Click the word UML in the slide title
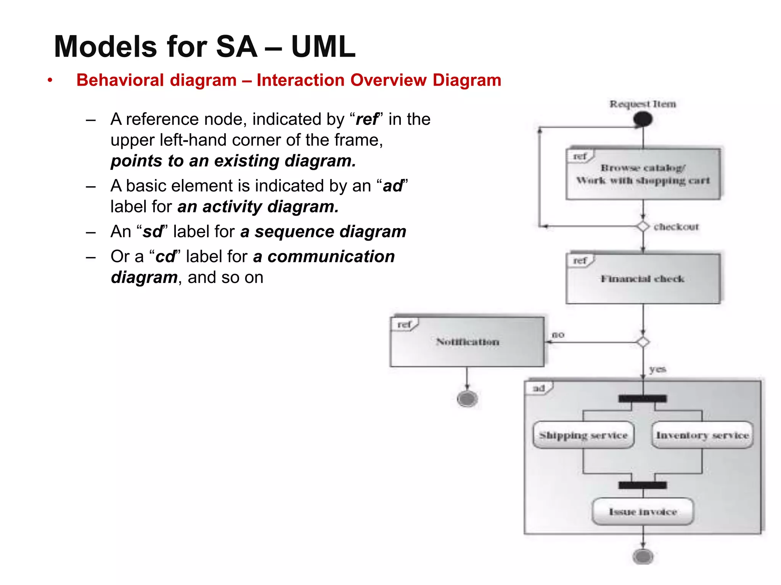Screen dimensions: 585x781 coord(323,47)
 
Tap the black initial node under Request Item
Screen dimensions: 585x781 coord(643,120)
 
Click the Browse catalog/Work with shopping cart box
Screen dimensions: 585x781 coord(643,174)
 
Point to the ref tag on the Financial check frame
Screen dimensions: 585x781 coord(580,261)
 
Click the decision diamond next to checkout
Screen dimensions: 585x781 coord(643,227)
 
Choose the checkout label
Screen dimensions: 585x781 coord(676,227)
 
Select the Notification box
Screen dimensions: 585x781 coord(467,342)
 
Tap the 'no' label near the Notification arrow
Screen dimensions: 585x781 coord(558,335)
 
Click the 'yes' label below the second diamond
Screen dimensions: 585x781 coord(657,369)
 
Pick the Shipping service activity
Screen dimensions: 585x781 coord(583,435)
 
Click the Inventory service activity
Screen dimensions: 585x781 coord(702,435)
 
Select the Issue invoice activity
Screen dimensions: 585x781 coord(643,511)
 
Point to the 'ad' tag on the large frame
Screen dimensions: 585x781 coord(538,388)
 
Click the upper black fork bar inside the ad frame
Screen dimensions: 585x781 coord(643,399)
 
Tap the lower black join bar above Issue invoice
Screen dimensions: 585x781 coord(643,485)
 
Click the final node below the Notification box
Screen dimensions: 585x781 coord(467,399)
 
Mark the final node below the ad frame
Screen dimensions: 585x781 coord(643,557)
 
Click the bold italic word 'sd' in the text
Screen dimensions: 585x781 coord(153,232)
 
